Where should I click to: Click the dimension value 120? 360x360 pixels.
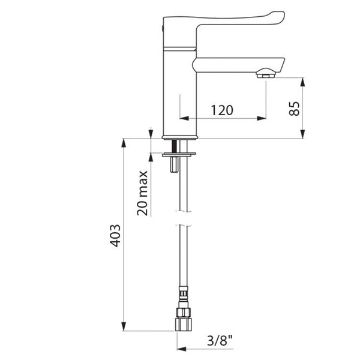(x=222, y=110)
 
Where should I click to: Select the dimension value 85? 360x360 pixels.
(x=294, y=109)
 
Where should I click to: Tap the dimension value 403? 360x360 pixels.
(x=115, y=236)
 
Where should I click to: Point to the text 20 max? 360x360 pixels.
(x=142, y=193)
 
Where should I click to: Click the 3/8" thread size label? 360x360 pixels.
(x=220, y=340)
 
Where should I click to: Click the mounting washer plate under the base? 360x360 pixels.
(x=179, y=155)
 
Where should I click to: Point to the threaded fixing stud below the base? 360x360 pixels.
(x=174, y=156)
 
